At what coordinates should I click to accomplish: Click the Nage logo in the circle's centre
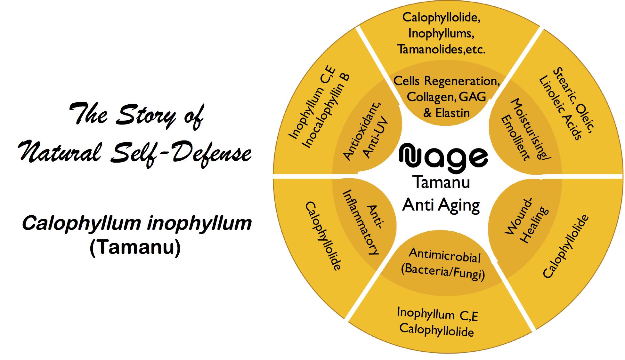443,158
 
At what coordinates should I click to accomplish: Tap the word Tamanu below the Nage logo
442,182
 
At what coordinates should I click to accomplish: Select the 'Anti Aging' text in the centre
441,205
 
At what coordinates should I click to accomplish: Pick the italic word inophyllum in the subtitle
199,223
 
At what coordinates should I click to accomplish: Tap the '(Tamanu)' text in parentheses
135,247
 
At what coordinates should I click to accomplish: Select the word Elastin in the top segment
452,113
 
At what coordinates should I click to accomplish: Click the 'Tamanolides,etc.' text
441,49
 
